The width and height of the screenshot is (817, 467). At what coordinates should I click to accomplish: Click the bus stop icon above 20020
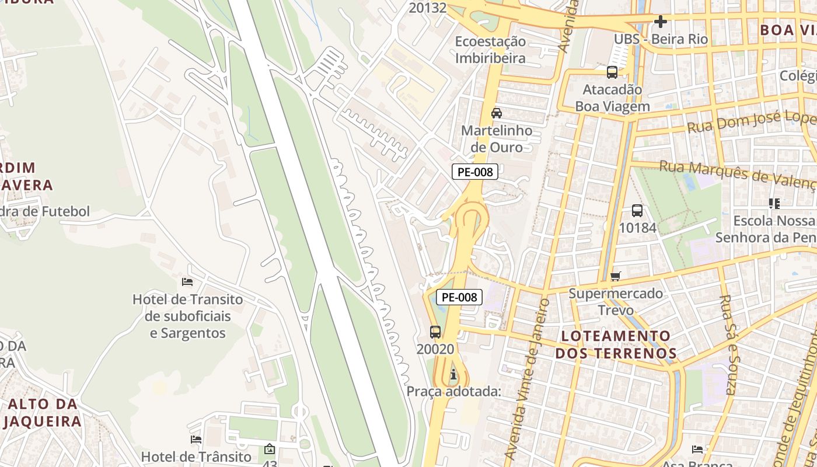point(435,332)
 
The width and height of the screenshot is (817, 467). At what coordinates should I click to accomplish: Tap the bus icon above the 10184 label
point(637,211)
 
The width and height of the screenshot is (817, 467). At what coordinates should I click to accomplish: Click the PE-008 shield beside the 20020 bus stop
point(459,297)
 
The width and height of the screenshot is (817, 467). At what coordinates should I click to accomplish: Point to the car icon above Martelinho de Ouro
point(497,113)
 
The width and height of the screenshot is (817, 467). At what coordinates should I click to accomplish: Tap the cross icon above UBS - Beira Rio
point(661,22)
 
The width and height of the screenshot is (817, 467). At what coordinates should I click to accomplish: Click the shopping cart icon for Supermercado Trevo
point(616,276)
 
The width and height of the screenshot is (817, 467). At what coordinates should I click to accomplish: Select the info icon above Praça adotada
point(453,374)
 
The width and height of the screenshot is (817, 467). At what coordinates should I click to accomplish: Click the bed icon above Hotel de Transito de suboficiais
point(187,282)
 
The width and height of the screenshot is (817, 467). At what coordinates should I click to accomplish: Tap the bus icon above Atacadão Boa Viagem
point(612,72)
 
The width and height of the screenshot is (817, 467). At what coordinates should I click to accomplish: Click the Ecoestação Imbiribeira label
point(490,50)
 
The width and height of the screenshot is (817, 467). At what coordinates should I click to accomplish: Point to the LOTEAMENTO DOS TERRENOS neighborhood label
point(616,344)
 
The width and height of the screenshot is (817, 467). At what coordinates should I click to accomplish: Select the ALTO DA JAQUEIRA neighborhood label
point(43,412)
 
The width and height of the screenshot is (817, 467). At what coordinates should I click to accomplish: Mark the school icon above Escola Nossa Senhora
point(774,204)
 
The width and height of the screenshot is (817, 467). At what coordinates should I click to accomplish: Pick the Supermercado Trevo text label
point(616,301)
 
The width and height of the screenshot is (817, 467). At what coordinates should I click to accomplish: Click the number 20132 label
point(428,8)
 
